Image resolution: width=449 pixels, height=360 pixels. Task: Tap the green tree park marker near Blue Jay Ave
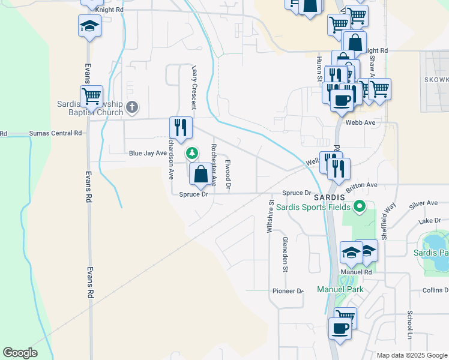tap(192, 153)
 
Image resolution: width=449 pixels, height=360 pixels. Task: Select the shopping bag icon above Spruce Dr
tap(201, 175)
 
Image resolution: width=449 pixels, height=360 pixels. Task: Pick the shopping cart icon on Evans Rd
tap(91, 96)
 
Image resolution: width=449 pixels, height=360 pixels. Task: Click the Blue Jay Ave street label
tap(148, 153)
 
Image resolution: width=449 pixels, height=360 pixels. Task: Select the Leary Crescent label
tap(193, 87)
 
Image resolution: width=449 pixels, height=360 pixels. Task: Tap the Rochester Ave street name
tap(213, 165)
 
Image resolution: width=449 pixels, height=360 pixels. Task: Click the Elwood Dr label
tap(228, 175)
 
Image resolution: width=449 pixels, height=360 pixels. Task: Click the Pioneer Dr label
tap(288, 291)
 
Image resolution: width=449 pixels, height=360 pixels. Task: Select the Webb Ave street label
tap(360, 122)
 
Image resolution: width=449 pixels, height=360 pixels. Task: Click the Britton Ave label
tap(361, 185)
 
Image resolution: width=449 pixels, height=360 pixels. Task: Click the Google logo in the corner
tap(20, 353)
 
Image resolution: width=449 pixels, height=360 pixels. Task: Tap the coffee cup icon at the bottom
tap(340, 329)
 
